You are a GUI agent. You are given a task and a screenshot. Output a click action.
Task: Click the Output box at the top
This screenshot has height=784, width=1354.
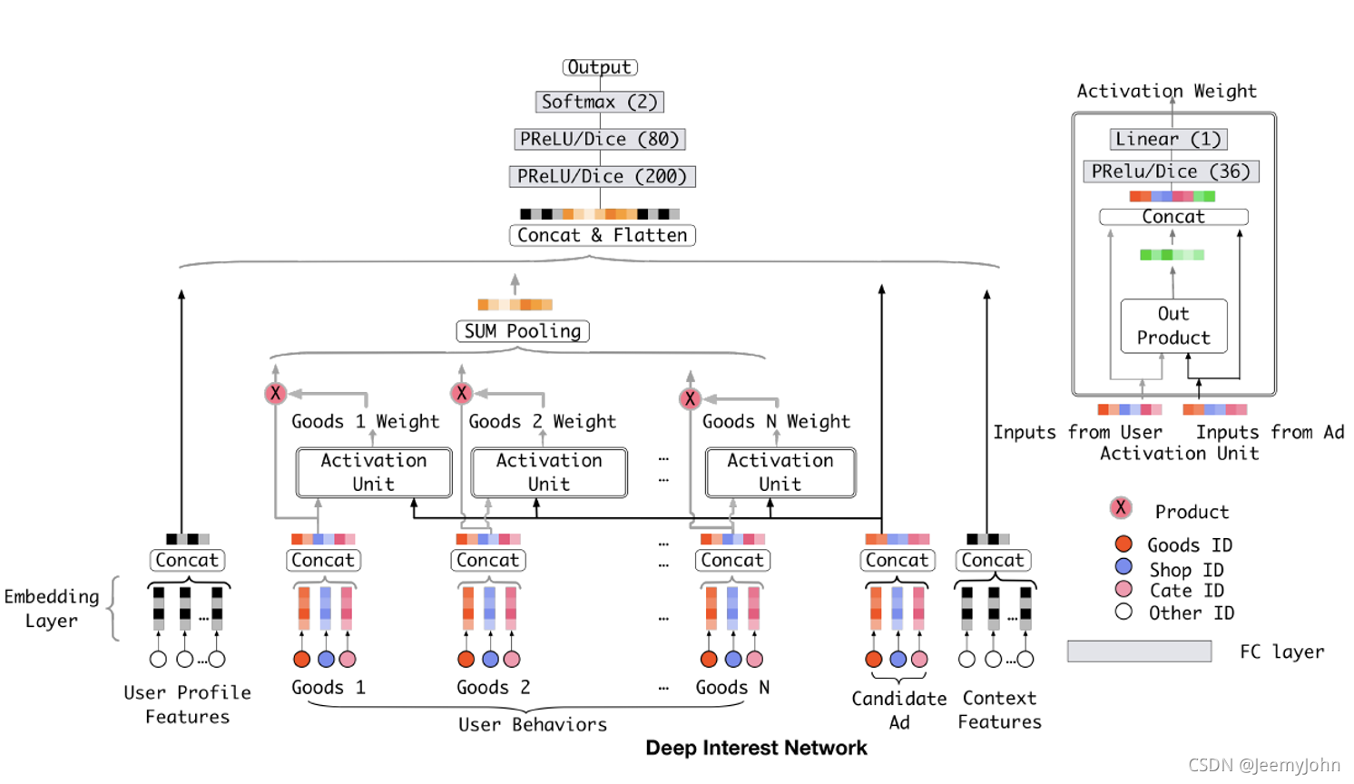click(x=600, y=67)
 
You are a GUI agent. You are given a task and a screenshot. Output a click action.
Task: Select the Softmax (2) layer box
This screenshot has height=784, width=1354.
click(x=599, y=102)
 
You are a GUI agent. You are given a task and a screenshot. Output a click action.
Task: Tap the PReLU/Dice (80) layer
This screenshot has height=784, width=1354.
click(x=600, y=139)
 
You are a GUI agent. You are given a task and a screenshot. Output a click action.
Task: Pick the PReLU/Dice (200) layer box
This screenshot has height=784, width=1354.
click(x=602, y=176)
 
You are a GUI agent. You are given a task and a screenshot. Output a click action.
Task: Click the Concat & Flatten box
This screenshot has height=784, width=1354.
click(x=602, y=235)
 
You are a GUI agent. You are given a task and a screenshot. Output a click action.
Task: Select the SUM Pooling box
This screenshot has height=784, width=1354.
click(x=522, y=331)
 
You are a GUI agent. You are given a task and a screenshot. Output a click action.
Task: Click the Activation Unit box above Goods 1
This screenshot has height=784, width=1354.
click(x=374, y=472)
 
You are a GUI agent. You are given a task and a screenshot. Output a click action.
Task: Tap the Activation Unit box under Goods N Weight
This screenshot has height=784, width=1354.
click(x=780, y=472)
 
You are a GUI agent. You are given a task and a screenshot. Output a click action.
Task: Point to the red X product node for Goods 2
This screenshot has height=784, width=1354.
click(x=462, y=393)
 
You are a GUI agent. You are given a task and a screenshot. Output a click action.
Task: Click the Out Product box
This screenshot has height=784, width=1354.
click(x=1173, y=326)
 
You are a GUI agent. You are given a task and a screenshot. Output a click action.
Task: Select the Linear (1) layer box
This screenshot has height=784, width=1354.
click(x=1168, y=139)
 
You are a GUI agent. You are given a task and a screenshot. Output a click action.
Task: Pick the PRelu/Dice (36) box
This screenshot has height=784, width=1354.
click(x=1171, y=171)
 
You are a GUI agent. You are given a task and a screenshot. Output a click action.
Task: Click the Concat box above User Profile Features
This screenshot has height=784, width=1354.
click(x=187, y=560)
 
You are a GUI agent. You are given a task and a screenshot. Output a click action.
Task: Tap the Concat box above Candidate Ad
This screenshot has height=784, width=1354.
click(x=897, y=560)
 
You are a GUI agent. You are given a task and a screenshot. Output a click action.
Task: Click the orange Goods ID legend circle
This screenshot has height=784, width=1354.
click(x=1123, y=544)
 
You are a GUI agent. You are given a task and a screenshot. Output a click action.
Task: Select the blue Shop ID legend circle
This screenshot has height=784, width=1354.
click(x=1123, y=566)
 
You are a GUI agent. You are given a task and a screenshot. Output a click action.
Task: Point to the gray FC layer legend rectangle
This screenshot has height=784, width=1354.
click(x=1139, y=651)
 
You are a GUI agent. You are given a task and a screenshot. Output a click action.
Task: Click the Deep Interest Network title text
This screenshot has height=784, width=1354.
click(x=756, y=748)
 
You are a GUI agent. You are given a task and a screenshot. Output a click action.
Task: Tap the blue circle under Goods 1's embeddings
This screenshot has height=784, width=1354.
click(x=326, y=659)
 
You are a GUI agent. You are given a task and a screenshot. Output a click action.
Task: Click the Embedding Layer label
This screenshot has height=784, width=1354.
click(x=52, y=608)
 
